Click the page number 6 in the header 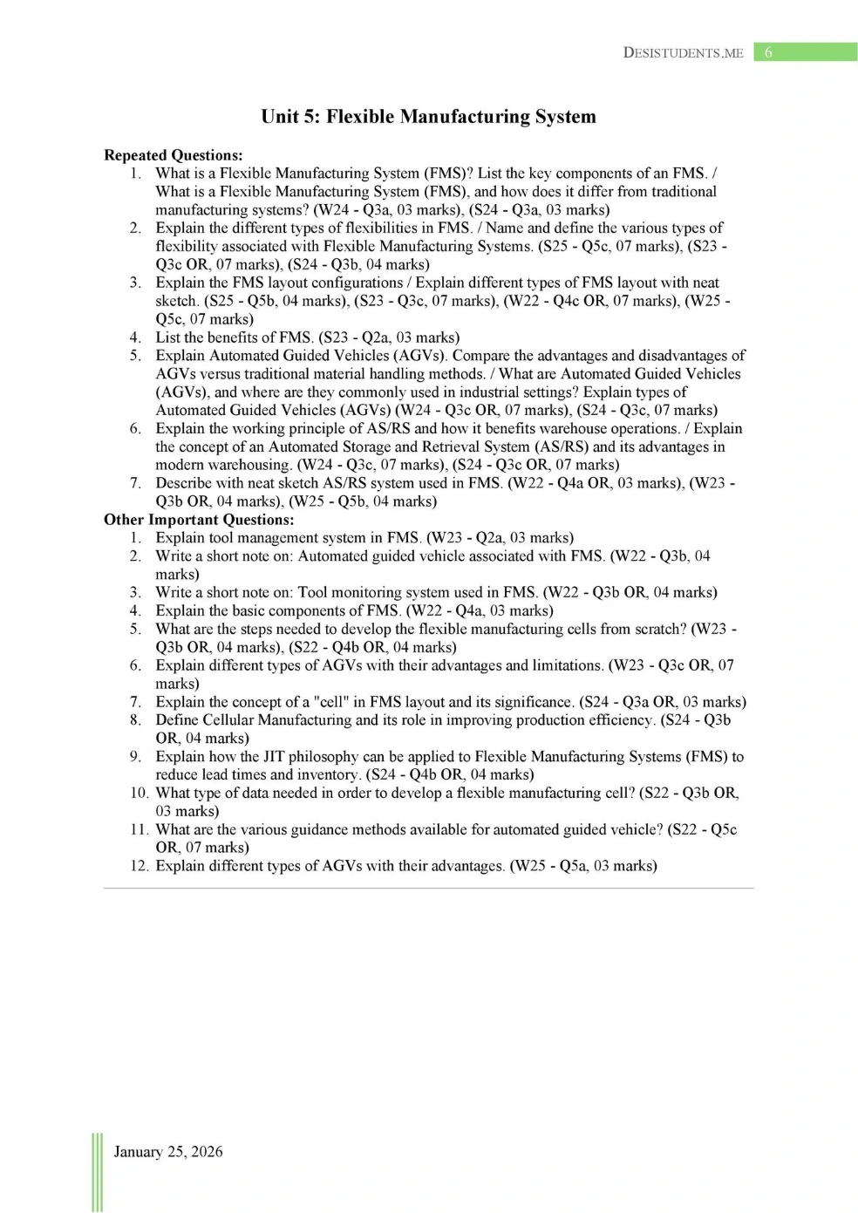tap(768, 52)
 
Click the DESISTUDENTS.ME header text tap(683, 52)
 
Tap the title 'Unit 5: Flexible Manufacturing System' tap(428, 117)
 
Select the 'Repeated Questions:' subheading tap(174, 155)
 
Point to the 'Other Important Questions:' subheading tap(199, 520)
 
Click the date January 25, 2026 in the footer tap(168, 1152)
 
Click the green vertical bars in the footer tap(97, 1172)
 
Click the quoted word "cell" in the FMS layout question tap(325, 702)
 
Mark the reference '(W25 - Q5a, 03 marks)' tap(583, 866)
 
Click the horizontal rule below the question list tap(428, 889)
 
